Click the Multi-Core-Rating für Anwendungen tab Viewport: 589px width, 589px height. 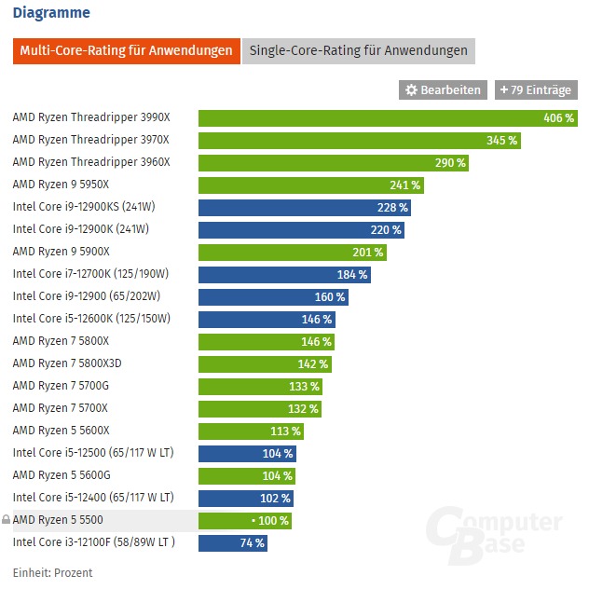126,50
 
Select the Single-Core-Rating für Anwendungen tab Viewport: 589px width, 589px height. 359,50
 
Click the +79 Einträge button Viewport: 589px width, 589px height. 536,90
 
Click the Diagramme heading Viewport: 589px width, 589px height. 51,13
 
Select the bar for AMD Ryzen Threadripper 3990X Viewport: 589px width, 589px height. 388,118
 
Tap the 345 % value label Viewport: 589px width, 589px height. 501,141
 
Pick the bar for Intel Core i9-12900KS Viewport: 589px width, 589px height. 304,208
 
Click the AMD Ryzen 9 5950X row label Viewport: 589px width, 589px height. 61,185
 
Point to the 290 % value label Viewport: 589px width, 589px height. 450,163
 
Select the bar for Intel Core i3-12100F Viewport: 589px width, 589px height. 233,542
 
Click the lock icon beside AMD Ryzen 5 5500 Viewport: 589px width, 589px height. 7,520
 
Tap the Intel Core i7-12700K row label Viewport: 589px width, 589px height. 90,275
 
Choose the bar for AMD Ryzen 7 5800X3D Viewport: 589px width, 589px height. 266,363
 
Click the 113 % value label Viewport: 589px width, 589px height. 285,431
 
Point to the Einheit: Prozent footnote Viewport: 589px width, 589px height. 53,571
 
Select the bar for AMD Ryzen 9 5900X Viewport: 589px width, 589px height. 292,252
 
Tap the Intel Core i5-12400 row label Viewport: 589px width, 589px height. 93,498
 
